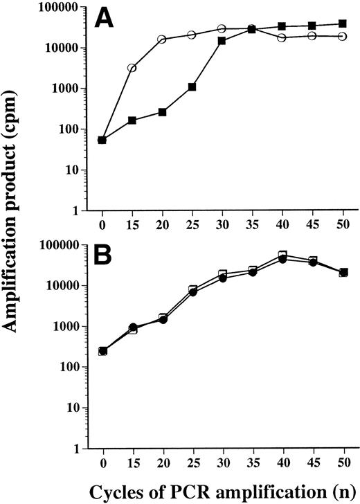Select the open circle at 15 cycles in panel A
132,68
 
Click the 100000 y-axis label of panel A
62,8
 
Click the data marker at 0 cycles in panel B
102,351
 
